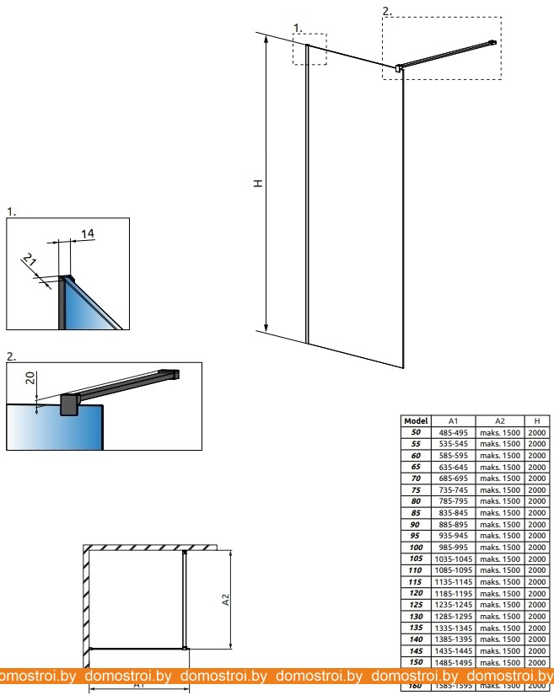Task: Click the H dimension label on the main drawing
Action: (261, 184)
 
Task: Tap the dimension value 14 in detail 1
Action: (88, 233)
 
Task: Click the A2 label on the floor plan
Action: (225, 600)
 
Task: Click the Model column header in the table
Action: (417, 420)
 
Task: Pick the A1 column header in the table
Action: (453, 420)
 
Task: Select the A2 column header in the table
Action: (499, 420)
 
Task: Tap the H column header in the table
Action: (536, 420)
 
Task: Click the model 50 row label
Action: (417, 431)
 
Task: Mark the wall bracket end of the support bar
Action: (493, 41)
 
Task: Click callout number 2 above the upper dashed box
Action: (386, 11)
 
